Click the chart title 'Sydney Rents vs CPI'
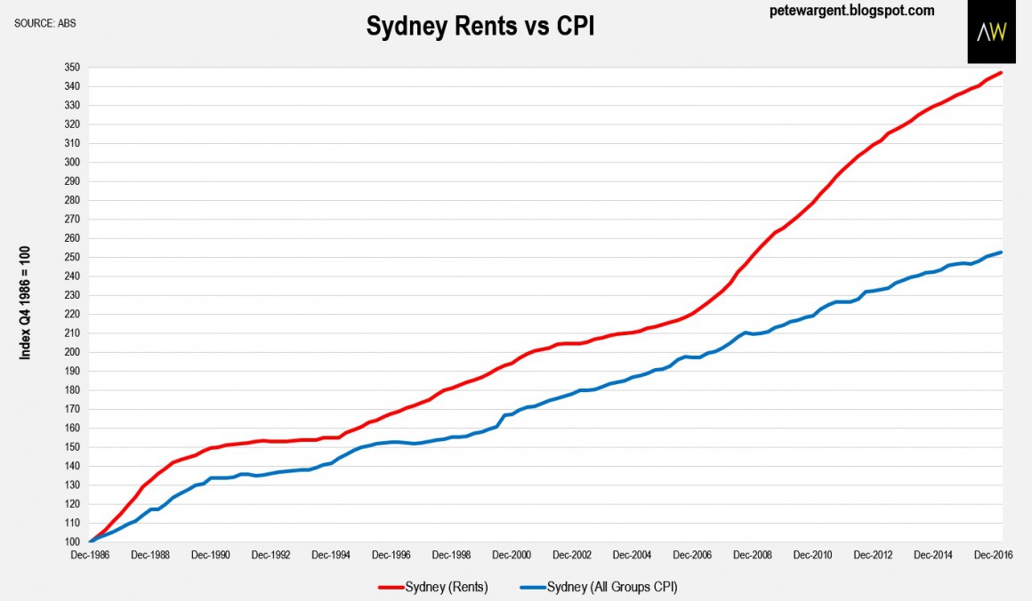[x=480, y=28]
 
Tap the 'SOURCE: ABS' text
[x=45, y=23]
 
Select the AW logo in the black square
[x=991, y=33]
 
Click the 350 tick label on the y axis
[x=72, y=68]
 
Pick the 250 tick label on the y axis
[x=72, y=258]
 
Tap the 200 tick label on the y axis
[x=72, y=352]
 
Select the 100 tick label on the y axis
[x=72, y=542]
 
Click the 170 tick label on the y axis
[x=72, y=409]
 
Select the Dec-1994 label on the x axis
[x=333, y=555]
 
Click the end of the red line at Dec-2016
[x=1002, y=73]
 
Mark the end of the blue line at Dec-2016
[x=1002, y=252]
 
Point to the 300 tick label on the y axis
[x=72, y=163]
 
